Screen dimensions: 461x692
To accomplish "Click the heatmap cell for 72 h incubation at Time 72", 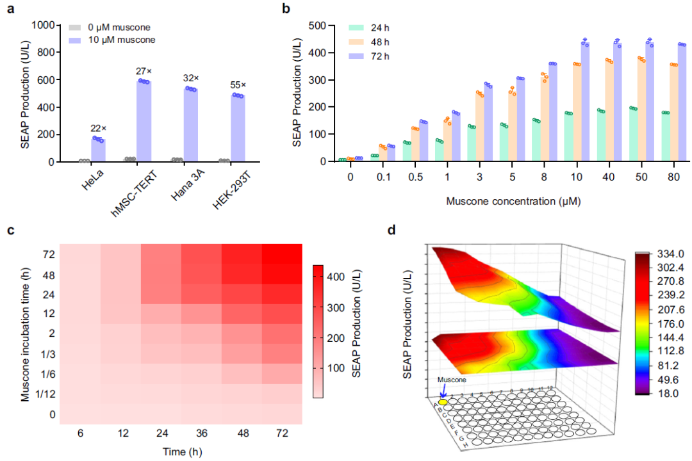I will tap(283, 254).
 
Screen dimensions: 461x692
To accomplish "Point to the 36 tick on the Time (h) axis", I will tap(201, 433).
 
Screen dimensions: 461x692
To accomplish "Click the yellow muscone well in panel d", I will tap(443, 402).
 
